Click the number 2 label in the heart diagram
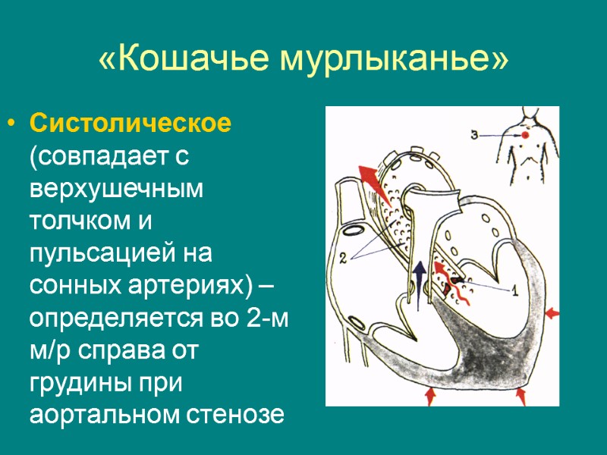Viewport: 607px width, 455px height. point(343,257)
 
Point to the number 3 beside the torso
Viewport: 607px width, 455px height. point(474,135)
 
